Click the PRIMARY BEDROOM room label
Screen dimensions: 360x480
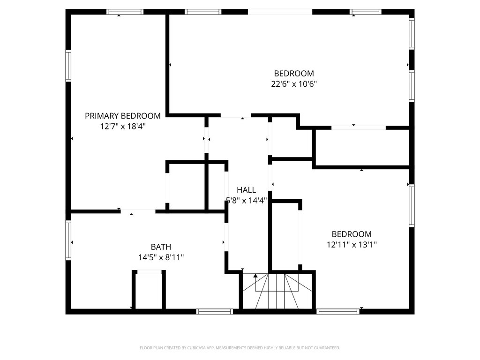(122, 116)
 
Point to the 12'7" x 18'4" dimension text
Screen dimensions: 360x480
(122, 126)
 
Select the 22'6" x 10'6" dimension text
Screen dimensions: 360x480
(294, 84)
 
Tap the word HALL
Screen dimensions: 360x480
(246, 190)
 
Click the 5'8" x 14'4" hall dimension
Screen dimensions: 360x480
(247, 200)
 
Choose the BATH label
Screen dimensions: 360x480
(161, 247)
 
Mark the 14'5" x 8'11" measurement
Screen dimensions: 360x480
(161, 257)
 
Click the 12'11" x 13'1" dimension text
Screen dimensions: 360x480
(352, 244)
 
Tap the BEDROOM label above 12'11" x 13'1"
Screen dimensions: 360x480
(352, 234)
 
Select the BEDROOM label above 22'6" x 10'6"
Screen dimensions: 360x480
(294, 74)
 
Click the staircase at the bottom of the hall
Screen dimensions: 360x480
(277, 291)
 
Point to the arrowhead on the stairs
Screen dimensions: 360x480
(255, 276)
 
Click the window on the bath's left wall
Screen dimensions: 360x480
(68, 240)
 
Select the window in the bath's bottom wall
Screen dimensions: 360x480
(214, 311)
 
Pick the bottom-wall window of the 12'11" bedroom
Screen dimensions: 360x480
(338, 311)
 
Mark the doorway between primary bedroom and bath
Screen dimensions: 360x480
(138, 211)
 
